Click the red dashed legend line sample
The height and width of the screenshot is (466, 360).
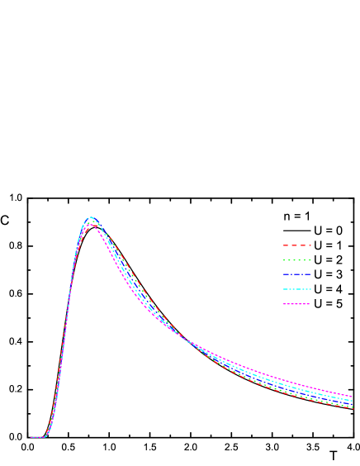[x=297, y=245]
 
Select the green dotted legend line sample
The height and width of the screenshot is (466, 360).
[x=297, y=260]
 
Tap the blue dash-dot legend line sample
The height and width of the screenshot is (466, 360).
[x=297, y=274]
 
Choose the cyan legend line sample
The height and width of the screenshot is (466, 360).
[x=297, y=289]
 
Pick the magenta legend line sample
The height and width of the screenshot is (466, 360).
[x=297, y=304]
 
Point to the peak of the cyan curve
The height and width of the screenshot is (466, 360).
[x=91, y=217]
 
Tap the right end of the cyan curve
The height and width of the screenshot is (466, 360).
[x=353, y=400]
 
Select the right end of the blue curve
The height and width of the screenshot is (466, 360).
[x=353, y=402]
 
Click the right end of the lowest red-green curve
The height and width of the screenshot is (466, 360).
[x=353, y=407]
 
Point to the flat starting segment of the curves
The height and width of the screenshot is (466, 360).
[x=37, y=437]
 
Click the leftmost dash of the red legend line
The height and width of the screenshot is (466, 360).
[x=286, y=245]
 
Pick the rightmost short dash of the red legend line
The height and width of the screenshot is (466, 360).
[x=309, y=245]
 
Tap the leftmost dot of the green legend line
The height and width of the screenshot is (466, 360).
[x=285, y=260]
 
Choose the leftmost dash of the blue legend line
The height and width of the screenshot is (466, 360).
[x=286, y=274]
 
